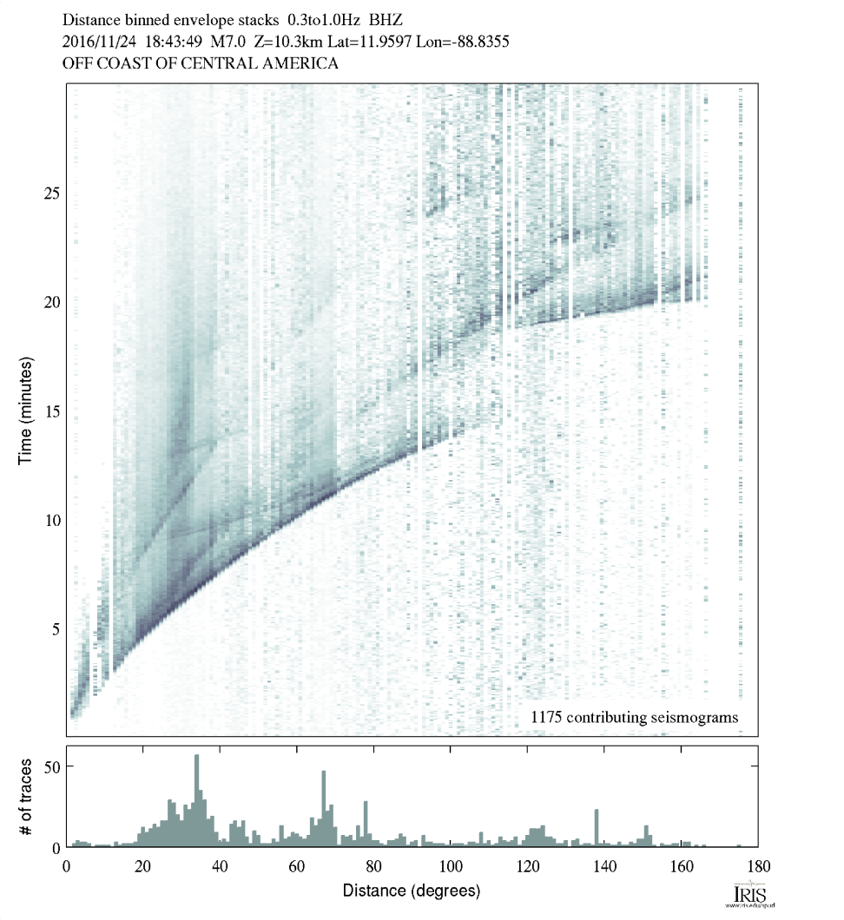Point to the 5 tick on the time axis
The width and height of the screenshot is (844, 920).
[x=51, y=628]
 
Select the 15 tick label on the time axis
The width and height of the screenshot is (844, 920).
[x=51, y=411]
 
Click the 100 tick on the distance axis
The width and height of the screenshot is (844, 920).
[x=450, y=865]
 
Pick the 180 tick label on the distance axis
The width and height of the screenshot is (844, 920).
[x=756, y=865]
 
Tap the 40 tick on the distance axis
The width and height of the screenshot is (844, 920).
[x=220, y=865]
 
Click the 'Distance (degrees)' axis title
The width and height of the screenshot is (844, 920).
[x=411, y=890]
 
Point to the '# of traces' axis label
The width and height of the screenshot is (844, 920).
[x=25, y=796]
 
